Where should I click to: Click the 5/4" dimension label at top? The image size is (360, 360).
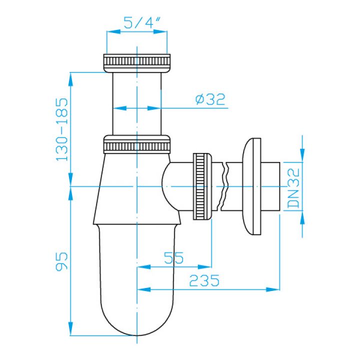(x=141, y=22)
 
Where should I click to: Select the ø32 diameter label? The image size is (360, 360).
(x=210, y=99)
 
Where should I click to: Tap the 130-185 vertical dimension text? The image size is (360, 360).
(x=62, y=129)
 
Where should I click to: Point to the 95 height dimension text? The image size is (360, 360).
(x=62, y=261)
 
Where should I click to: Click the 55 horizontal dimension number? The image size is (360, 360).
(x=174, y=258)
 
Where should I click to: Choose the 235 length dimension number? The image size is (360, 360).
(x=204, y=280)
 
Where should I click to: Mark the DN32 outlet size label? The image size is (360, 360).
(x=294, y=188)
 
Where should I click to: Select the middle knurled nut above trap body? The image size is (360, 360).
(x=137, y=144)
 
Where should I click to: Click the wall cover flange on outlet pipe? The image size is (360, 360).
(x=251, y=186)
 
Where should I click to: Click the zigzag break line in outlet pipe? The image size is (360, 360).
(x=224, y=186)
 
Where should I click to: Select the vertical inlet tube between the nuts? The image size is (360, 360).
(x=137, y=104)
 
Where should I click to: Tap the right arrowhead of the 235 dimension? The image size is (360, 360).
(x=273, y=289)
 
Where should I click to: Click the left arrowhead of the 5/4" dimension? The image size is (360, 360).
(x=113, y=31)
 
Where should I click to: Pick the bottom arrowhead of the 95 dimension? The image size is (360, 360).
(x=71, y=329)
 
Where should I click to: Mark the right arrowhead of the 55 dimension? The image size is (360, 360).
(x=204, y=267)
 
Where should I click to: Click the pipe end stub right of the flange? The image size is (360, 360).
(x=270, y=186)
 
